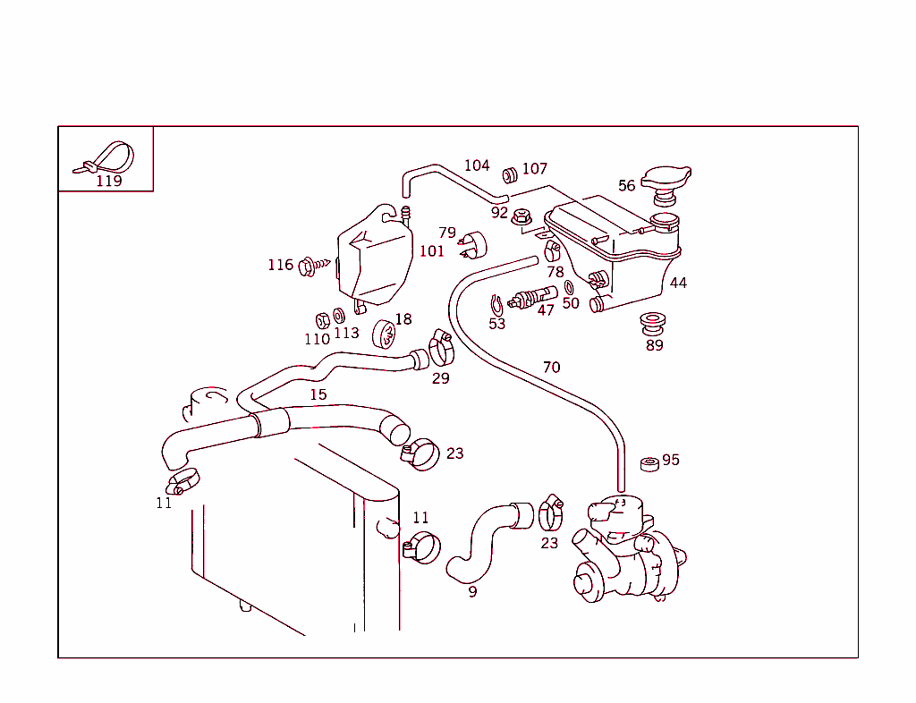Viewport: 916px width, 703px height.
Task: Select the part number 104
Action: click(x=477, y=165)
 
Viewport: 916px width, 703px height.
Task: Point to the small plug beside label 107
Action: click(x=510, y=172)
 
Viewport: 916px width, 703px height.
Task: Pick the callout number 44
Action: click(x=678, y=283)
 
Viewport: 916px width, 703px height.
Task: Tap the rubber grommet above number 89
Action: click(x=653, y=321)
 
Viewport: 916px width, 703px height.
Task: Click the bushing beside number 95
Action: click(x=649, y=463)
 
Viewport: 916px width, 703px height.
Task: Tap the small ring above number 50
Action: click(x=569, y=287)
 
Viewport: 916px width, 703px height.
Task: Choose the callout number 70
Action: click(x=551, y=368)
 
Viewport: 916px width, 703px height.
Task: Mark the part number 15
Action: click(x=318, y=394)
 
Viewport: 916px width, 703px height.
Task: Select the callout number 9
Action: click(x=472, y=591)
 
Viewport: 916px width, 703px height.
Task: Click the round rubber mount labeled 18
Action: click(x=385, y=335)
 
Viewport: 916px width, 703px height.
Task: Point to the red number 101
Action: click(x=431, y=251)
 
